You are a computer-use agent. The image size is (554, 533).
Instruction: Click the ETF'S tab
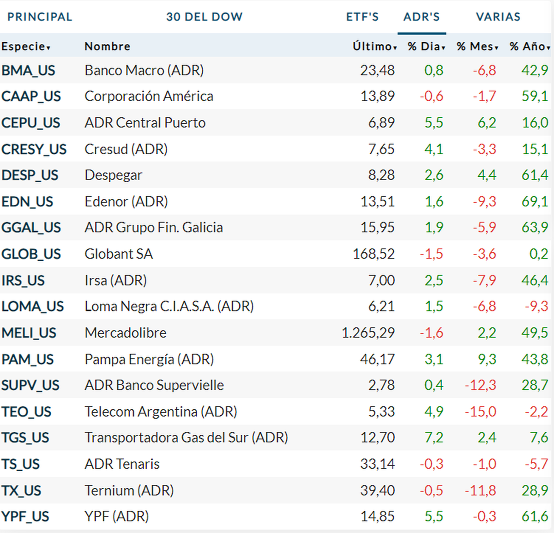[362, 17]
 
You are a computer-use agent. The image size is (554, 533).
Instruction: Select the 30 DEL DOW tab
[204, 17]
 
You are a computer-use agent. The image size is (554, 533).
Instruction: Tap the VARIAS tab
[498, 17]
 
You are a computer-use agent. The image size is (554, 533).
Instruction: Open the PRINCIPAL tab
[40, 17]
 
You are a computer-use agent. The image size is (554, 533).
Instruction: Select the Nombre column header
[107, 47]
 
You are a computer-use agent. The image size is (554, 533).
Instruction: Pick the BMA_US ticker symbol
[28, 71]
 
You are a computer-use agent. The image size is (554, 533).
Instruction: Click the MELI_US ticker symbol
[29, 333]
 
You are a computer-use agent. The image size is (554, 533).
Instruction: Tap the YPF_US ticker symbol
[25, 516]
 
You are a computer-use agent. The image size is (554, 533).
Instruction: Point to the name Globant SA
[119, 254]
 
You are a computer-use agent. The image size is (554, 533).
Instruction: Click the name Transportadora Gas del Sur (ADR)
[186, 437]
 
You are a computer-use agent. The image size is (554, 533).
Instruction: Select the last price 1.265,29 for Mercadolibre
[368, 333]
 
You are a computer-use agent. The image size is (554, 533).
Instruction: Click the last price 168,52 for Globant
[373, 254]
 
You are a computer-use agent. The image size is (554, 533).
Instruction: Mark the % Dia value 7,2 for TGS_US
[434, 437]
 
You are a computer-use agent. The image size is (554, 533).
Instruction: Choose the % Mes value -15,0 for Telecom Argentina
[480, 412]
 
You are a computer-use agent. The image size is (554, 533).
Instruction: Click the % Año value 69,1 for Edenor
[535, 202]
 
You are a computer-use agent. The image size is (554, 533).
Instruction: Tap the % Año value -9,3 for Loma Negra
[536, 306]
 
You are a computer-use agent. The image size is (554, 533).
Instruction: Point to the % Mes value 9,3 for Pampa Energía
[487, 359]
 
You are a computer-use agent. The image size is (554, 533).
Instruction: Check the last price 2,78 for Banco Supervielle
[381, 385]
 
